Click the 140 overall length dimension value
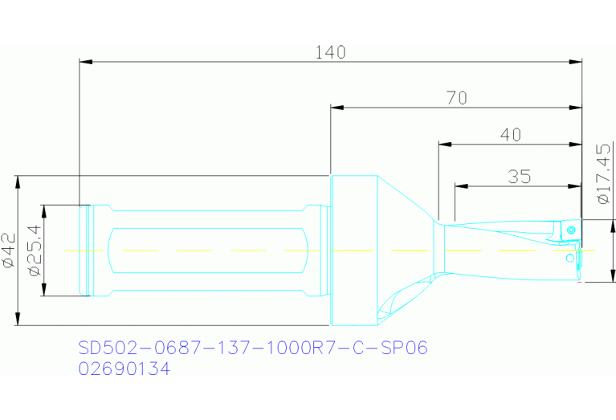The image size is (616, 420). pyautogui.click(x=330, y=52)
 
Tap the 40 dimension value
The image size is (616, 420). pyautogui.click(x=510, y=135)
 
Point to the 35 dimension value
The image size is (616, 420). pyautogui.click(x=519, y=177)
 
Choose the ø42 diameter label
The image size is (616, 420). pyautogui.click(x=9, y=251)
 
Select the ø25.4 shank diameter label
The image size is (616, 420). pyautogui.click(x=34, y=251)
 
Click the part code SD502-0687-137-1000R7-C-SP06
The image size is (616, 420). pyautogui.click(x=253, y=349)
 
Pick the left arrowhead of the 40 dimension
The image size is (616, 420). pyautogui.click(x=444, y=145)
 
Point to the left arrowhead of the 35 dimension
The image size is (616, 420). pyautogui.click(x=461, y=186)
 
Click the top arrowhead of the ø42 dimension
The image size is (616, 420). pyautogui.click(x=18, y=181)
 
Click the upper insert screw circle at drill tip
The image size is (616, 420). pyautogui.click(x=571, y=230)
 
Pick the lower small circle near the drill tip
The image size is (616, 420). pyautogui.click(x=569, y=258)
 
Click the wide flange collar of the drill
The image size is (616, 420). pyautogui.click(x=353, y=251)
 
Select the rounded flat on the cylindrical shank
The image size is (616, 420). pyautogui.click(x=209, y=251)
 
